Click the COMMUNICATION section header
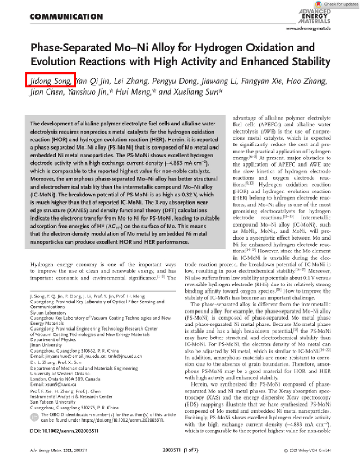click(66, 16)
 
